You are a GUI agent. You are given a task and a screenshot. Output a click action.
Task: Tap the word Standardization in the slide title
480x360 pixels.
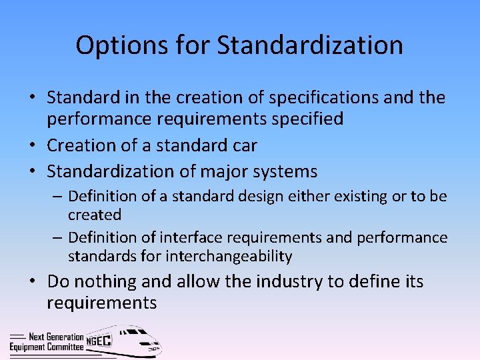(310, 46)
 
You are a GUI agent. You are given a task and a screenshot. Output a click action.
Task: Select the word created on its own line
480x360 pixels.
(95, 215)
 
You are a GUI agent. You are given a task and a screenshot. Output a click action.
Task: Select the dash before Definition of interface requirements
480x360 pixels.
(59, 237)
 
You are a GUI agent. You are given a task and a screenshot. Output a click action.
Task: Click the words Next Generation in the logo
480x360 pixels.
(56, 337)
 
